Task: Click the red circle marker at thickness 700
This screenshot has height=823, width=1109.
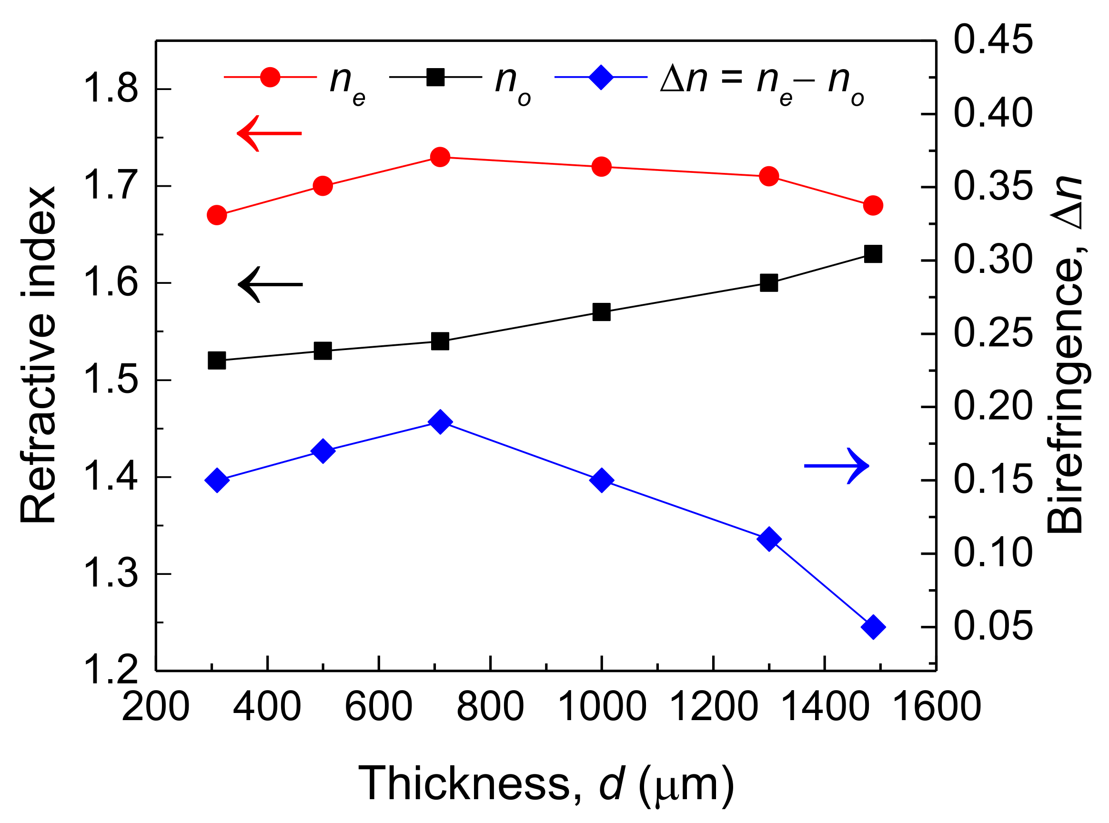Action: (439, 158)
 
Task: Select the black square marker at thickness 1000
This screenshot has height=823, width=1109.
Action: (601, 312)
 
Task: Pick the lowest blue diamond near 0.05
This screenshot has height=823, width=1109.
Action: (873, 627)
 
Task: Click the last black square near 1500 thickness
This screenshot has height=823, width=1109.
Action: (873, 253)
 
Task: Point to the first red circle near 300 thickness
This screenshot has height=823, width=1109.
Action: (217, 215)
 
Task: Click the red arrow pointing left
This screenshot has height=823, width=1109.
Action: (269, 133)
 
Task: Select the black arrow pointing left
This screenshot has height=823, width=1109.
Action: (270, 284)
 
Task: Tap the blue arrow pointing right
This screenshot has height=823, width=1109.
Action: (837, 466)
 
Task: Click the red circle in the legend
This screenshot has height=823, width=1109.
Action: (270, 77)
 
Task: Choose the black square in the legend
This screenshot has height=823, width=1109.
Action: (435, 77)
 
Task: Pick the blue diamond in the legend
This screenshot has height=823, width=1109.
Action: (601, 77)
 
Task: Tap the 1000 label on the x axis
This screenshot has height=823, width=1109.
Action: (602, 706)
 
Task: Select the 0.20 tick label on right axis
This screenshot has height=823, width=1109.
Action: (993, 407)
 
